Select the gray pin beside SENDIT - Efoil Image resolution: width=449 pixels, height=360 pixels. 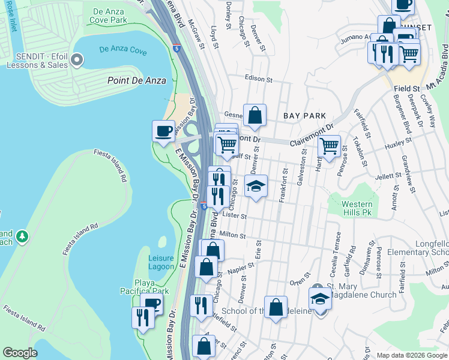click(x=76, y=59)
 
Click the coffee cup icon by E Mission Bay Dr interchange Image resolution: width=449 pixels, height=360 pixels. click(x=163, y=131)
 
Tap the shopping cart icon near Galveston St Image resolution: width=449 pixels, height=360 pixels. click(x=329, y=145)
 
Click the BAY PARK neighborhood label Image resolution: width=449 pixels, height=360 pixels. click(x=305, y=116)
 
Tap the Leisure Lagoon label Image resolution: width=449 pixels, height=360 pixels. click(x=161, y=262)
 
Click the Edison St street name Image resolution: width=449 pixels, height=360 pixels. click(x=259, y=79)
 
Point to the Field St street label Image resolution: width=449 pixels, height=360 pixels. click(x=406, y=88)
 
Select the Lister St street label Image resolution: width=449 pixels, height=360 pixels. click(x=234, y=215)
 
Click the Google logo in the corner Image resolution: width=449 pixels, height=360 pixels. click(x=20, y=352)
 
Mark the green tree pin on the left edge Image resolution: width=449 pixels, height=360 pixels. click(x=22, y=236)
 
